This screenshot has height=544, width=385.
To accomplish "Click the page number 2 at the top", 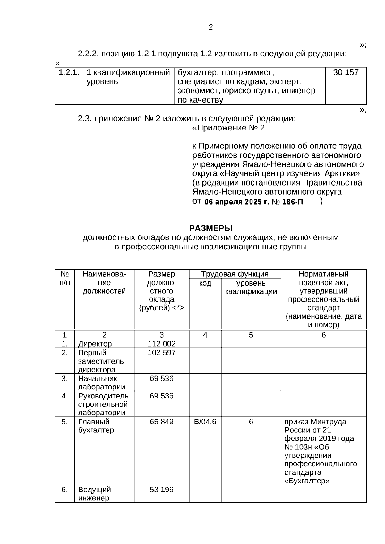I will (210, 28).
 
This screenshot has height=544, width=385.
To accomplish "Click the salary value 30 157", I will (346, 72).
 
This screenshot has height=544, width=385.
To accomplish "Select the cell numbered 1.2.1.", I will (69, 72).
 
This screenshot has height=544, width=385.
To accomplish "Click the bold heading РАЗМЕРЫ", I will (210, 228).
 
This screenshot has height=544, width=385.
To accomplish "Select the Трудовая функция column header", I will (235, 274).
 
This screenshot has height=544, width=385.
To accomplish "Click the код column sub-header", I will (205, 283).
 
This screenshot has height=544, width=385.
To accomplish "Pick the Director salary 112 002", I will (161, 344).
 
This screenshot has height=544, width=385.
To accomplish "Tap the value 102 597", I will (161, 353).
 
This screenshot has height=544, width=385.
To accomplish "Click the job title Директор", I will (95, 344).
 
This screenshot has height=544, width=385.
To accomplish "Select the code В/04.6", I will (205, 422).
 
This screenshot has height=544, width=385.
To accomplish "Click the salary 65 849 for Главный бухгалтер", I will (161, 422).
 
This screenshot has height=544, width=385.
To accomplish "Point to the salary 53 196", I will (161, 490).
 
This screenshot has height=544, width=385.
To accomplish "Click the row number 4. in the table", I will (64, 396).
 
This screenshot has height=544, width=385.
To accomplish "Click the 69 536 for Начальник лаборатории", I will (161, 379).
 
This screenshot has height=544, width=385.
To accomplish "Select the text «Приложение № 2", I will (228, 128).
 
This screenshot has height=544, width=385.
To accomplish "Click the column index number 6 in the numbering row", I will (323, 335).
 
